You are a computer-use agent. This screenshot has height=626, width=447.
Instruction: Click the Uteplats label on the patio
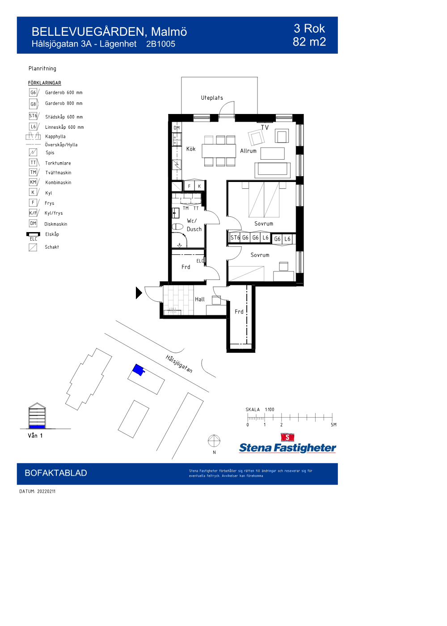coord(212,98)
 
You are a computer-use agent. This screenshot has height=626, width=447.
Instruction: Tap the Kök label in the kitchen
coord(191,149)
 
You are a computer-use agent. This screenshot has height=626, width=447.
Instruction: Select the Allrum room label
coord(248,151)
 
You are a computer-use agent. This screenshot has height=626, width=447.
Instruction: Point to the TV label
coord(265,128)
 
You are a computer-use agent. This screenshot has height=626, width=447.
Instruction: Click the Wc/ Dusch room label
coord(194,225)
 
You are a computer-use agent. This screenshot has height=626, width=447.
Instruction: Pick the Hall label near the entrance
coord(200,299)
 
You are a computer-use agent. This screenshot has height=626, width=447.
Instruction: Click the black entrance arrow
coord(139,293)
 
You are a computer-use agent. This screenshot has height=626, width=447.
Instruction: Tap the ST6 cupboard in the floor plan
coord(235,238)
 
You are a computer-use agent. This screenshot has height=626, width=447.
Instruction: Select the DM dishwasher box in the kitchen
coord(177,128)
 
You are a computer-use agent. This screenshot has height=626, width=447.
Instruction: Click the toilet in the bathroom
coord(177,227)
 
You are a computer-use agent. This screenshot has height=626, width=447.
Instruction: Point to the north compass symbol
coord(214,441)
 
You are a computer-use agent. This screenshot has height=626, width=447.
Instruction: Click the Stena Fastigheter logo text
coord(287,448)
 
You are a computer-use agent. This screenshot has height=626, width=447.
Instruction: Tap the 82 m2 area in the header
coord(309,42)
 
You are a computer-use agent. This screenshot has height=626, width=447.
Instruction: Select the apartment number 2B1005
coord(160,44)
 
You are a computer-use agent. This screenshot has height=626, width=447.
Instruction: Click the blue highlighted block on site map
coord(138,370)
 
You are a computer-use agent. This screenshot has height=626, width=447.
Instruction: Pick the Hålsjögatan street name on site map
coord(179,364)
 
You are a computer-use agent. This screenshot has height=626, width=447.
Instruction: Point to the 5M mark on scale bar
coord(333,425)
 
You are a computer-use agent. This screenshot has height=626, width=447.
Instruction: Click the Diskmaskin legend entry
coord(55,224)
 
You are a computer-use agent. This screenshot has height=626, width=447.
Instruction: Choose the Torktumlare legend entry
coord(58,163)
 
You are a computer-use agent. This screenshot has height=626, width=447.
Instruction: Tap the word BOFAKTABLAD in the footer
coord(56,473)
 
